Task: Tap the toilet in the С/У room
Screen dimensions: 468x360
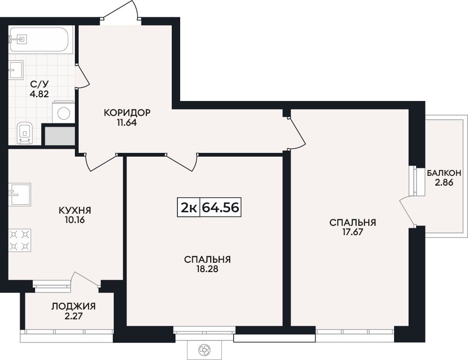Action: (24, 133)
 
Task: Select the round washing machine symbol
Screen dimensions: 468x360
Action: (64, 113)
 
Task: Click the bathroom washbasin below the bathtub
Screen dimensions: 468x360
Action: (16, 70)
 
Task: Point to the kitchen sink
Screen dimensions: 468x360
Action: (20, 194)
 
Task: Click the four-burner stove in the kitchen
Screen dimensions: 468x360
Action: (20, 240)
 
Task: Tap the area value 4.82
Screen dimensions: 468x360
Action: (39, 94)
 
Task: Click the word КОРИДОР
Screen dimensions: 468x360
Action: (127, 113)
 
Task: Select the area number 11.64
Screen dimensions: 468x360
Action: (127, 122)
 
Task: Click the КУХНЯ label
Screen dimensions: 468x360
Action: (75, 210)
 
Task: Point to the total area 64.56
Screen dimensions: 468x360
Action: (220, 207)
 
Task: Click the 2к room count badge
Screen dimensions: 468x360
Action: (189, 207)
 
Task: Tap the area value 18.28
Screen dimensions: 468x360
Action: (207, 269)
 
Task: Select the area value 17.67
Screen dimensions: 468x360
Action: (352, 232)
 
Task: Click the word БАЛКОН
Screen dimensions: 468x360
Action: (444, 173)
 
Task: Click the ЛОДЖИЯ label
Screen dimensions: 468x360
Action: (73, 306)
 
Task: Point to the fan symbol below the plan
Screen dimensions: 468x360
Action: (205, 349)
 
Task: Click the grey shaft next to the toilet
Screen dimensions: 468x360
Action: (60, 136)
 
